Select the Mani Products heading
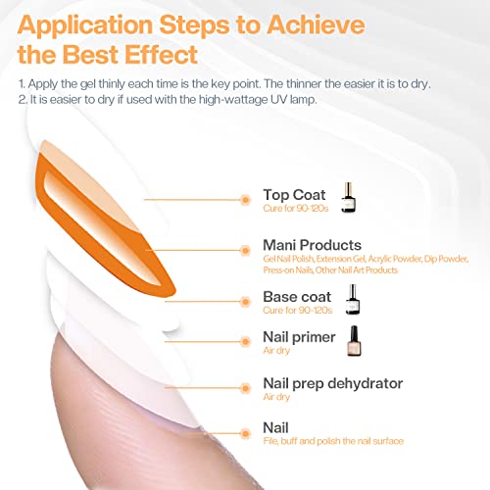tap(312, 245)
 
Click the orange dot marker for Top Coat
tap(245, 200)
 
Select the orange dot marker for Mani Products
tap(245, 251)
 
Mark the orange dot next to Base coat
tap(245, 302)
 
